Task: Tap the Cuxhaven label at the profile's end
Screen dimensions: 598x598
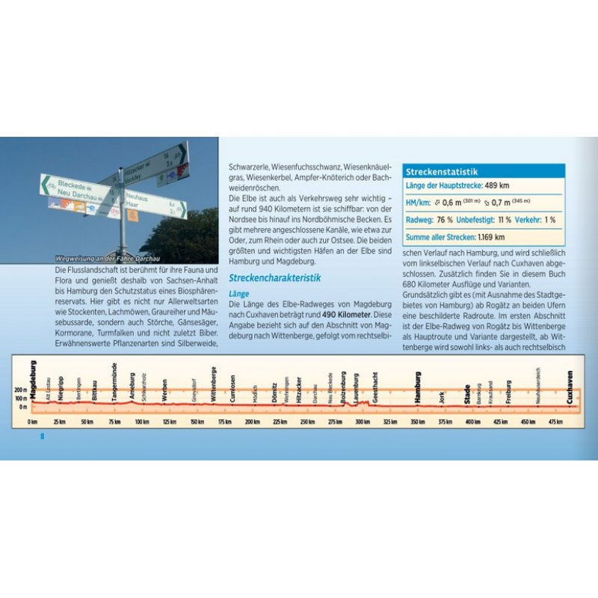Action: click(570, 387)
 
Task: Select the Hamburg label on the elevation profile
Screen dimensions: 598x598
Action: click(418, 386)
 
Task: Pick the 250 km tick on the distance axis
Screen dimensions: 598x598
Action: click(307, 422)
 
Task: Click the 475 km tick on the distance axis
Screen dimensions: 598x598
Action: click(555, 422)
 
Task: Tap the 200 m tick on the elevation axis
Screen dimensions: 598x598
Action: click(20, 390)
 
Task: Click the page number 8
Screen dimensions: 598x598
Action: click(42, 437)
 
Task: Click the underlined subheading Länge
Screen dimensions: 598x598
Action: click(238, 294)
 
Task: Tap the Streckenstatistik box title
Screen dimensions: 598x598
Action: click(441, 171)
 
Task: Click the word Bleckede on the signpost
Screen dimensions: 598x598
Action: click(73, 187)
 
